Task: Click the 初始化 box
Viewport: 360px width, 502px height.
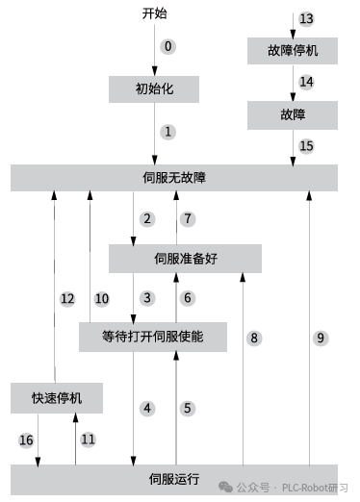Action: pyautogui.click(x=154, y=89)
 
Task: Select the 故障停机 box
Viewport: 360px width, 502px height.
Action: pyautogui.click(x=293, y=51)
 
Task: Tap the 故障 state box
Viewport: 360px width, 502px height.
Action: pyautogui.click(x=293, y=114)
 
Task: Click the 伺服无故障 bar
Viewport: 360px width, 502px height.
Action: pyautogui.click(x=174, y=177)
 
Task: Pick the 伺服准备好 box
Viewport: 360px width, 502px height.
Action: pyautogui.click(x=186, y=258)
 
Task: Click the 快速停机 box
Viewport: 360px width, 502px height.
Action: pyautogui.click(x=57, y=397)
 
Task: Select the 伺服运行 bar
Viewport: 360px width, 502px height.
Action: pyautogui.click(x=174, y=478)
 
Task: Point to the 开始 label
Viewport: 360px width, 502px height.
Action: pyautogui.click(x=155, y=14)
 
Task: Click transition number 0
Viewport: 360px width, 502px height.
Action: pyautogui.click(x=168, y=46)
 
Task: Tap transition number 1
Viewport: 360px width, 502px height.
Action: pyautogui.click(x=168, y=132)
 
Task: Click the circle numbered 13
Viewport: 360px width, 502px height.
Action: pyautogui.click(x=306, y=19)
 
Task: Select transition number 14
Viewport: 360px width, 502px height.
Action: pyautogui.click(x=306, y=83)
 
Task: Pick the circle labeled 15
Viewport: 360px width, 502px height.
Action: pyautogui.click(x=306, y=146)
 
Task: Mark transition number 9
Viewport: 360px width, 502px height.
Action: pyautogui.click(x=321, y=339)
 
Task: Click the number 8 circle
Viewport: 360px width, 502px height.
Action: pyautogui.click(x=254, y=339)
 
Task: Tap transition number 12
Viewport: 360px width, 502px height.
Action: pyautogui.click(x=67, y=299)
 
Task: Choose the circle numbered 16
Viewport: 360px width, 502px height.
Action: pyautogui.click(x=26, y=439)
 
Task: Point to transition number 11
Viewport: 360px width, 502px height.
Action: pyautogui.click(x=88, y=439)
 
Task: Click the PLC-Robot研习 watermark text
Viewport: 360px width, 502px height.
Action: pyautogui.click(x=314, y=487)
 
